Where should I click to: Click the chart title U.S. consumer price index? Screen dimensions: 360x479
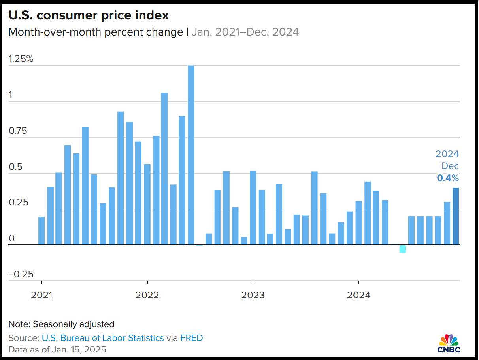pos(89,15)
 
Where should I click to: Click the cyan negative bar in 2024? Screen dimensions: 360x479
pos(403,249)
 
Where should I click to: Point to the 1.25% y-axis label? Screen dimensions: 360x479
pos(21,59)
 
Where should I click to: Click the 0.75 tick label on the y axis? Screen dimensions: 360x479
pos(18,131)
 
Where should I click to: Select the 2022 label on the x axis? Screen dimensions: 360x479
pos(147,295)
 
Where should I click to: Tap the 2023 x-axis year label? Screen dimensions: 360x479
pos(253,295)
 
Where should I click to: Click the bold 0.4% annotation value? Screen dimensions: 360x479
pos(448,178)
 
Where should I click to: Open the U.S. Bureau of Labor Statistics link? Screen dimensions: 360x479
pos(102,338)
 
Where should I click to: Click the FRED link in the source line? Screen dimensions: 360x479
pos(192,338)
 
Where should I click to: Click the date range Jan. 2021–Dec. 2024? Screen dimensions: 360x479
pos(245,32)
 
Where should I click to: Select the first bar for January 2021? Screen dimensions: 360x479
pos(41,231)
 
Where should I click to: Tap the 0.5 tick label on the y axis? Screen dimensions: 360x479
pos(15,167)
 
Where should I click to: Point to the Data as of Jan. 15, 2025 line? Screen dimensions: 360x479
pos(57,350)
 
